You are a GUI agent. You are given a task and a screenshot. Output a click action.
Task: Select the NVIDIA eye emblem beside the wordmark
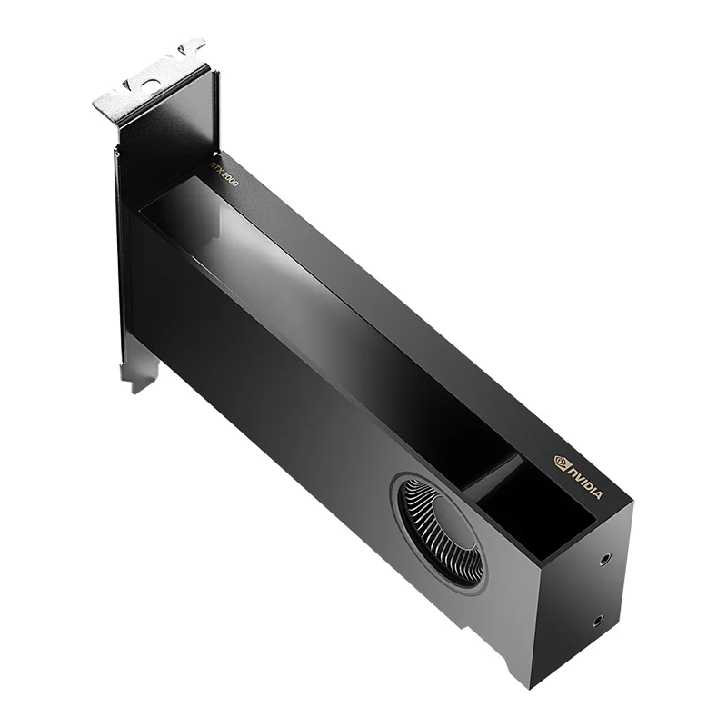pos(561,462)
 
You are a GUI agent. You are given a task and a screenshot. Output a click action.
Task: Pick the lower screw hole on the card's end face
pos(597,622)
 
